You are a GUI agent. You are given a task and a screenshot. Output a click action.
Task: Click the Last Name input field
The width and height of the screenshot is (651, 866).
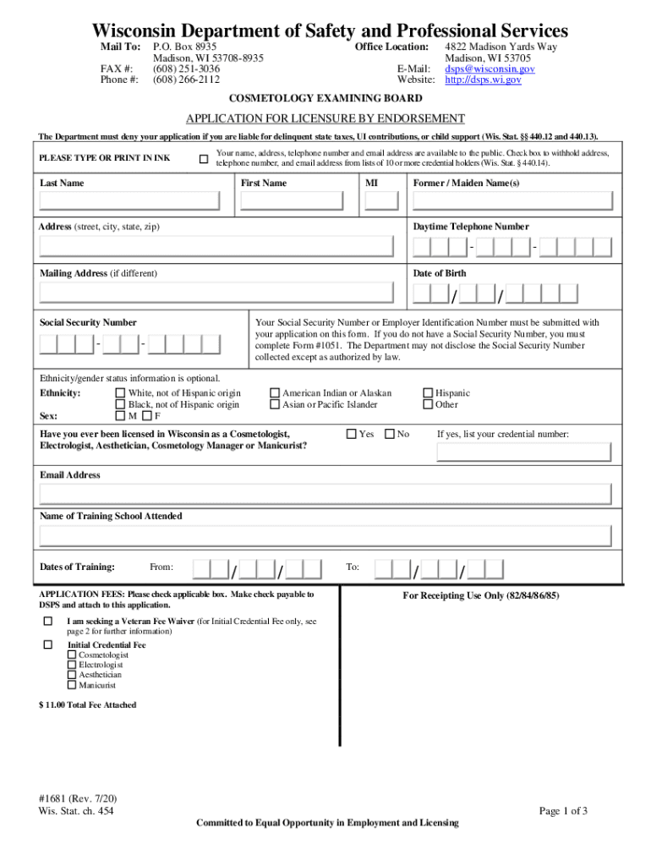click(x=131, y=200)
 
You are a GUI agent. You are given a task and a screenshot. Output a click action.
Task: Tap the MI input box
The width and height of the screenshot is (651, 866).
click(x=381, y=200)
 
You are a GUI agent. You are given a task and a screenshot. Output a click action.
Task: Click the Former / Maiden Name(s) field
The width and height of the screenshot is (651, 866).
click(x=512, y=200)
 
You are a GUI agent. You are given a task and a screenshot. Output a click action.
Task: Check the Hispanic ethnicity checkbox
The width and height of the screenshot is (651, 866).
click(x=428, y=393)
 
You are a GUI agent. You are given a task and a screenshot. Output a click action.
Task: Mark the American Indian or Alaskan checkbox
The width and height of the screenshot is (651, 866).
click(x=275, y=393)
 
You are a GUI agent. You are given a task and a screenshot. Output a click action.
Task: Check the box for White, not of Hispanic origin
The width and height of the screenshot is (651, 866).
click(x=120, y=393)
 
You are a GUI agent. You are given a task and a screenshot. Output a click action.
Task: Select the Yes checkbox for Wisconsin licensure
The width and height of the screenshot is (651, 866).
click(x=351, y=434)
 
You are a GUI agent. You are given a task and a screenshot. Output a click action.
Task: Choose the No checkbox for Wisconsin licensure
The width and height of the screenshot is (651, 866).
click(x=390, y=434)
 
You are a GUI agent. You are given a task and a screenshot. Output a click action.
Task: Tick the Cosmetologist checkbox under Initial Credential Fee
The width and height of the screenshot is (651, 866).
click(x=72, y=655)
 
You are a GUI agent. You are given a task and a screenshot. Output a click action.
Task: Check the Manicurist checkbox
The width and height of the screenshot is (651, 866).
click(x=72, y=686)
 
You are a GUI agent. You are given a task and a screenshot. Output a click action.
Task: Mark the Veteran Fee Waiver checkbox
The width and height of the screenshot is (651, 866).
click(x=47, y=622)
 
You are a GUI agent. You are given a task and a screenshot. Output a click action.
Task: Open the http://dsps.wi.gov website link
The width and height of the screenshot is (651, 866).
click(x=483, y=80)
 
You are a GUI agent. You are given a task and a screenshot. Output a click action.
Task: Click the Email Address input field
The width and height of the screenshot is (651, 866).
click(x=325, y=495)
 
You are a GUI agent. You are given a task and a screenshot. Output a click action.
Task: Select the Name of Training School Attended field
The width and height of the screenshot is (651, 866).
click(x=325, y=536)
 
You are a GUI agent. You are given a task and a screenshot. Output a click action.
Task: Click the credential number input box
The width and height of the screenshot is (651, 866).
click(x=524, y=452)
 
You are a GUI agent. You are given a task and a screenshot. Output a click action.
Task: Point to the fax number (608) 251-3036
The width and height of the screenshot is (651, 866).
click(x=186, y=69)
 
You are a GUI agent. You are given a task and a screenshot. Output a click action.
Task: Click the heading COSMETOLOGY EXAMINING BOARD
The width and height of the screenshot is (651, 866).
click(x=325, y=99)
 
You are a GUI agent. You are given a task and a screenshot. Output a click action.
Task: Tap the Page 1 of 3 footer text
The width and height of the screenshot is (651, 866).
click(x=563, y=811)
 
